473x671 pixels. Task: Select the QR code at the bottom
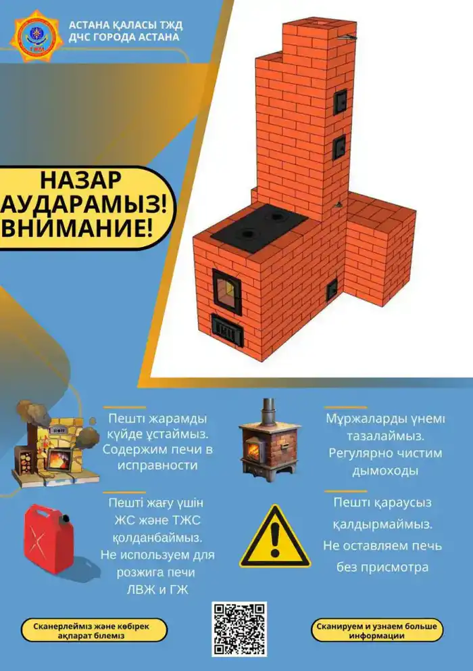tap(239, 628)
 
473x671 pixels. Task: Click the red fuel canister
tap(49, 538)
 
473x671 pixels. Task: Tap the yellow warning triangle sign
tap(275, 538)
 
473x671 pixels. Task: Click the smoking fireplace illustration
tap(49, 443)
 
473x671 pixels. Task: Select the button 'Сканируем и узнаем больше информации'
tap(377, 630)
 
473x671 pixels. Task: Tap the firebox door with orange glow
tap(227, 292)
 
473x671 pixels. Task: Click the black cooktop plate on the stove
tap(259, 226)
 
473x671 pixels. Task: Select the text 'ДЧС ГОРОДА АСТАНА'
tap(124, 37)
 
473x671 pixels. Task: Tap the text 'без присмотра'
tap(382, 567)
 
